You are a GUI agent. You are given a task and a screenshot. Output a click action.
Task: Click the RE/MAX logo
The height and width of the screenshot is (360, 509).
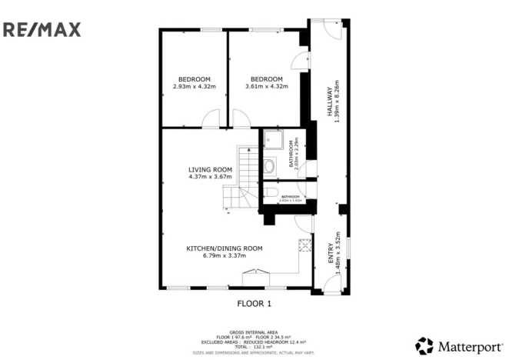click(x=42, y=30)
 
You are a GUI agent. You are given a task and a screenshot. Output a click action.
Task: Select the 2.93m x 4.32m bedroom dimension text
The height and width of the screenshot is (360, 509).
click(x=195, y=86)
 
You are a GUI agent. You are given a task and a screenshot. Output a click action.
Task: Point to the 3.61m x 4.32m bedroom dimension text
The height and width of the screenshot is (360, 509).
click(x=266, y=86)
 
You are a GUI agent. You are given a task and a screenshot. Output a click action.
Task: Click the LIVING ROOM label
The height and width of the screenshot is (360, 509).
click(x=210, y=169)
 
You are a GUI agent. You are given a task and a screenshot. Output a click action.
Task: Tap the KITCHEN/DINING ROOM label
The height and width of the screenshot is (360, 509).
click(x=224, y=248)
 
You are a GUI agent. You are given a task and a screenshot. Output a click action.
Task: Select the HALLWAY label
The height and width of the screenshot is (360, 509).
click(x=328, y=101)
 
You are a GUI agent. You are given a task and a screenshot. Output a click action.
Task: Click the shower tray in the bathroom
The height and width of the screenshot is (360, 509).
click(x=272, y=140)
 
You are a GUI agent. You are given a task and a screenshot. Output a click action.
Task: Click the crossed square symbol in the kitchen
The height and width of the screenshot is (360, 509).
click(x=305, y=245)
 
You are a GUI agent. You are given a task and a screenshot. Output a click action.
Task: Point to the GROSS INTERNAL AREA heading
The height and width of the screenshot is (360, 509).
click(x=254, y=332)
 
